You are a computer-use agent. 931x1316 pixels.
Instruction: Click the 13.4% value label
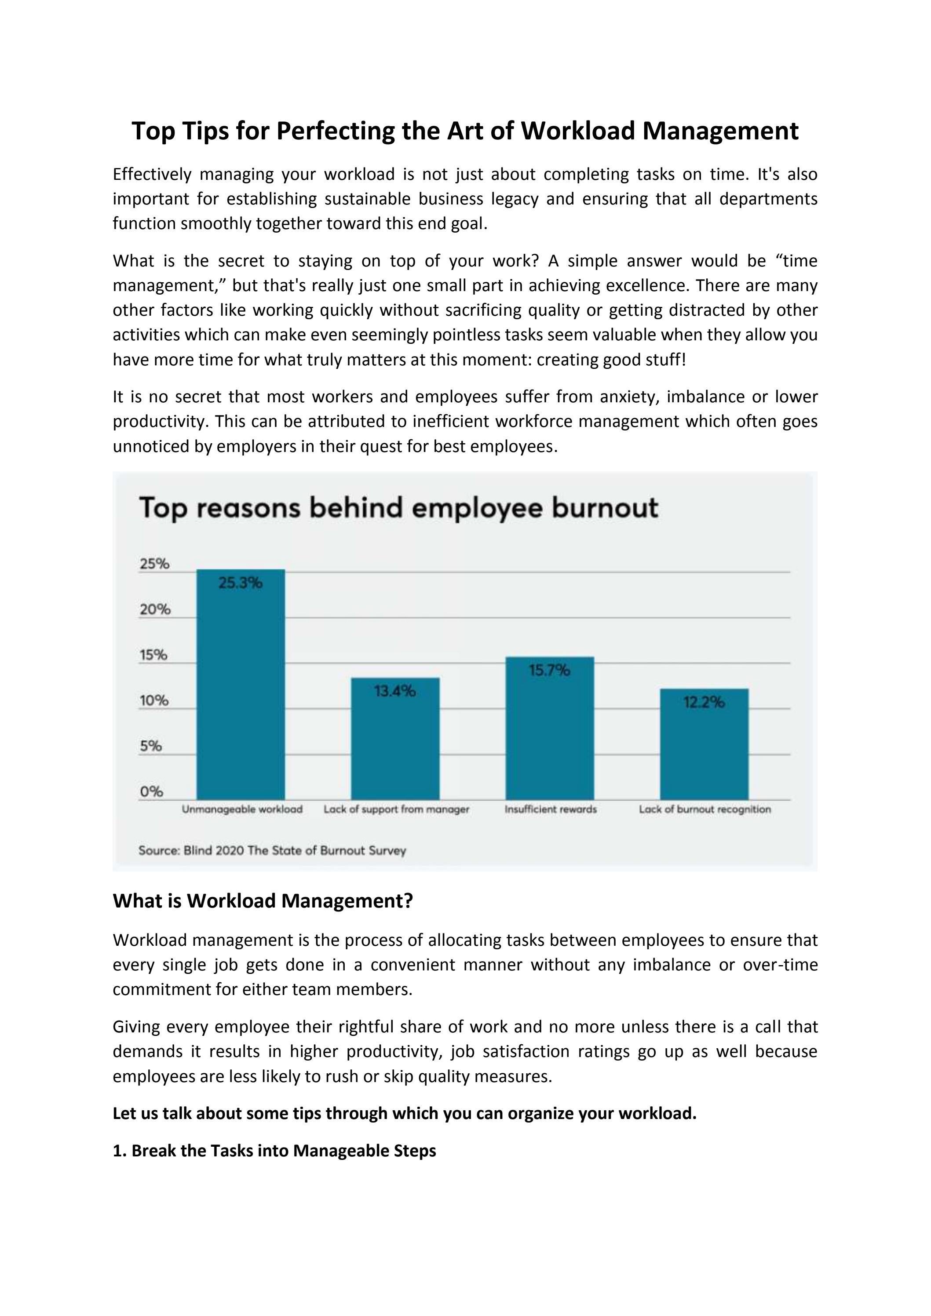pos(395,691)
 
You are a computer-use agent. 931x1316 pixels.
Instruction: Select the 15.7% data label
pos(549,670)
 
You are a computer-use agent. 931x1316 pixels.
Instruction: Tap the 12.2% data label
pos(704,702)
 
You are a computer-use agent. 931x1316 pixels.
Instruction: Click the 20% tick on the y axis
pos(155,609)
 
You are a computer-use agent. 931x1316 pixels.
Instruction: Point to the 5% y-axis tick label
pos(150,746)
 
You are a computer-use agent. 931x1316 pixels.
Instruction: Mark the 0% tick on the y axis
pos(151,791)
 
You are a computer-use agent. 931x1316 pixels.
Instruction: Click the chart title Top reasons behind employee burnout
pos(398,508)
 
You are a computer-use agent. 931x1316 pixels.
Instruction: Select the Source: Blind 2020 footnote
pos(272,850)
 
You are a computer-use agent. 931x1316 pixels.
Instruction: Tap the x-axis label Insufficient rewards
pos(550,809)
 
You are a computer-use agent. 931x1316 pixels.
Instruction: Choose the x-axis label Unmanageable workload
pos(242,809)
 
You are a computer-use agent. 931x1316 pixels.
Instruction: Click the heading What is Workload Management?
pos(263,901)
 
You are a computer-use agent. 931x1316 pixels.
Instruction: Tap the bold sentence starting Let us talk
pos(404,1113)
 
